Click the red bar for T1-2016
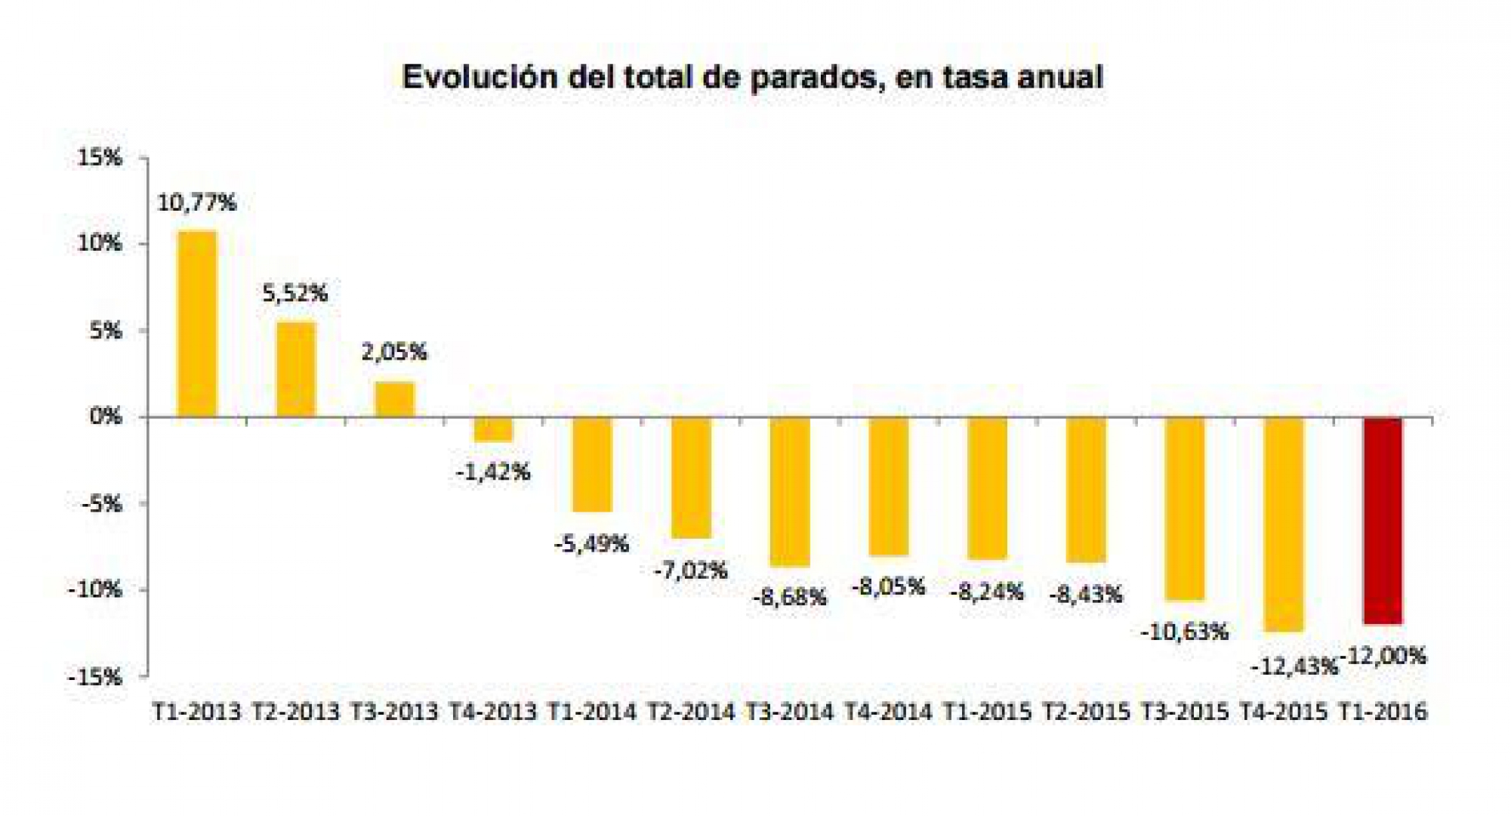pyautogui.click(x=1383, y=521)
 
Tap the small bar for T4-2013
pyautogui.click(x=493, y=429)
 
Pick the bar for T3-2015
pyautogui.click(x=1185, y=508)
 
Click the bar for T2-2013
pyautogui.click(x=296, y=369)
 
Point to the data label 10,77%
pyautogui.click(x=196, y=202)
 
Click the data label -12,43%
pyautogui.click(x=1294, y=666)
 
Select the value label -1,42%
pyautogui.click(x=493, y=472)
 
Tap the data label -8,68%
pyautogui.click(x=789, y=597)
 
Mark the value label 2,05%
pyautogui.click(x=394, y=351)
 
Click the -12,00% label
pyautogui.click(x=1383, y=656)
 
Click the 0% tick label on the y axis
pyautogui.click(x=106, y=416)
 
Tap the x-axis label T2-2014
pyautogui.click(x=691, y=712)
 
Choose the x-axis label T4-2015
pyautogui.click(x=1284, y=712)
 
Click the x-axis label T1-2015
pyautogui.click(x=987, y=712)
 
